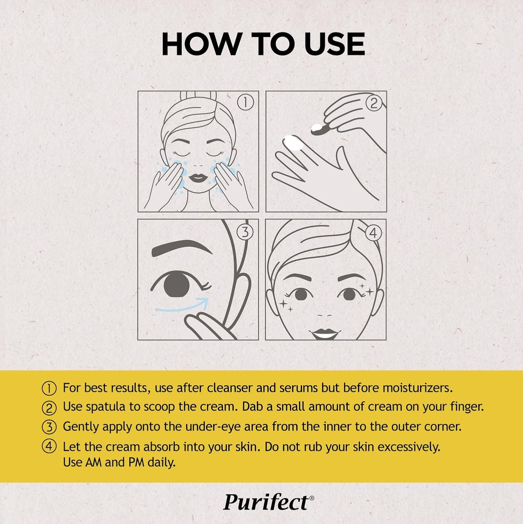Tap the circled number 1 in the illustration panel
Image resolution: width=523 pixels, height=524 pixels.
point(245,103)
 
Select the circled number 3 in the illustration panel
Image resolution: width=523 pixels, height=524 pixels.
point(245,232)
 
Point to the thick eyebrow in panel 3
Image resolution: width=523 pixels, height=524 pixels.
point(181,248)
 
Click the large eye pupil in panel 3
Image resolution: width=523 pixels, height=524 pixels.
point(177,284)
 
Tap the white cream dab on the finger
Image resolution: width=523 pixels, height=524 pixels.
point(294,142)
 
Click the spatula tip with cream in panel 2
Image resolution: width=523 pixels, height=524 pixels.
point(317,128)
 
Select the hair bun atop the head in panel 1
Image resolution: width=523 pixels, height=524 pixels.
point(198,95)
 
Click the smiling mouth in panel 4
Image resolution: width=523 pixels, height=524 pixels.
point(325,333)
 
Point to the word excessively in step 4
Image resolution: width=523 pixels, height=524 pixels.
point(409,447)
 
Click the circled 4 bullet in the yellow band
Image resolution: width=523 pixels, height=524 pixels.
point(49,446)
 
